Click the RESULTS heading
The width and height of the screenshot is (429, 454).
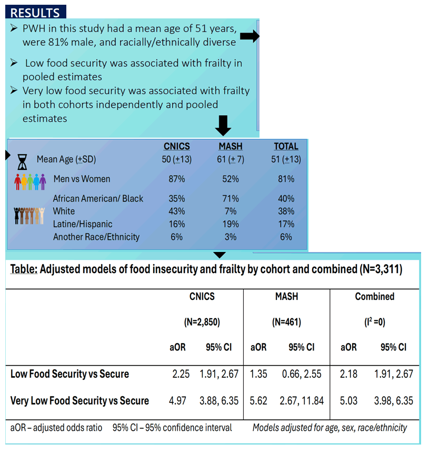click(x=35, y=13)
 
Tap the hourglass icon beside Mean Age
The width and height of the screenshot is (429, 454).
click(x=22, y=162)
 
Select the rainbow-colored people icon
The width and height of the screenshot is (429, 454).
click(x=30, y=182)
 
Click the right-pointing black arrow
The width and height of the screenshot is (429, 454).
click(x=250, y=36)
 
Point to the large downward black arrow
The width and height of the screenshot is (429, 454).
click(x=223, y=125)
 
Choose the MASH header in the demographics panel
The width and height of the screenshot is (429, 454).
click(x=231, y=146)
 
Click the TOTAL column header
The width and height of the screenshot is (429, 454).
click(x=286, y=146)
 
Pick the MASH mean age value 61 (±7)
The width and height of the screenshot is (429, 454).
click(x=231, y=159)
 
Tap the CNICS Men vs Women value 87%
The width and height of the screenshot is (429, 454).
click(x=177, y=179)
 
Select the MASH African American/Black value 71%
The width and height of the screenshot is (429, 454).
click(x=231, y=199)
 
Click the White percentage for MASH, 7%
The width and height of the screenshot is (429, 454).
click(x=231, y=211)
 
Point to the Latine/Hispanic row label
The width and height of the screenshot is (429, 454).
click(x=83, y=224)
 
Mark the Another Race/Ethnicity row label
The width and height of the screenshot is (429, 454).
click(x=96, y=237)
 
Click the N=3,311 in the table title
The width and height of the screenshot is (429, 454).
click(x=381, y=269)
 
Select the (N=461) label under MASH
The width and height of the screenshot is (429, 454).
click(x=286, y=322)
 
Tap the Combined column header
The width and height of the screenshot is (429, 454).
click(x=375, y=297)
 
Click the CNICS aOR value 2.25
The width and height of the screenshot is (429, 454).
click(x=181, y=374)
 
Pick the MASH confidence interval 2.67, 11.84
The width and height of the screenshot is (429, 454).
click(x=302, y=401)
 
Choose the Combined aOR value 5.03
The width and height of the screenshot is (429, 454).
click(x=348, y=401)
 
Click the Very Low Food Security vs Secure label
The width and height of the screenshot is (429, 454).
click(x=79, y=401)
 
